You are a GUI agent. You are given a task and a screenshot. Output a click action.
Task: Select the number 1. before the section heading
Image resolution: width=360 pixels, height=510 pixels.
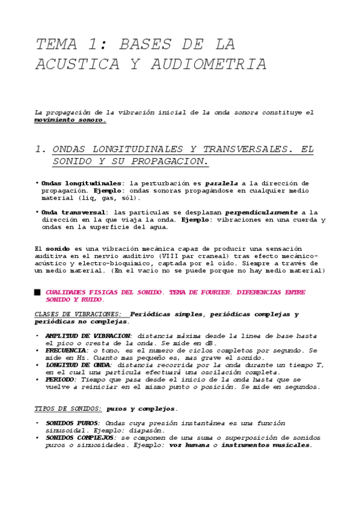[x=41, y=149]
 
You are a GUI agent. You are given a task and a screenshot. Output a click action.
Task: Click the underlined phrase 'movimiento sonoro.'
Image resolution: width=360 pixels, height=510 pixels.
[x=70, y=120]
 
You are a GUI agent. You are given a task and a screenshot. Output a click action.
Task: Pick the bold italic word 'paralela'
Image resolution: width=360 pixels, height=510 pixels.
[x=222, y=183]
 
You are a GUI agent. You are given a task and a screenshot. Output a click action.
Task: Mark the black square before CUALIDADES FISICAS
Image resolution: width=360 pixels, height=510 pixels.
[x=38, y=292]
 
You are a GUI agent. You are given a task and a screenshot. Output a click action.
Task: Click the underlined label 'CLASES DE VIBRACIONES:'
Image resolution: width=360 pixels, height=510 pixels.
[x=79, y=315]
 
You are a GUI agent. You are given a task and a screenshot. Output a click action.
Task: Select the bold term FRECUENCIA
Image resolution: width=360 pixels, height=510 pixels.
[x=66, y=350]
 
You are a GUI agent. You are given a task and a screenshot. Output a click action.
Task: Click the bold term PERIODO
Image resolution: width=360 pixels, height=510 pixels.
[x=61, y=380]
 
